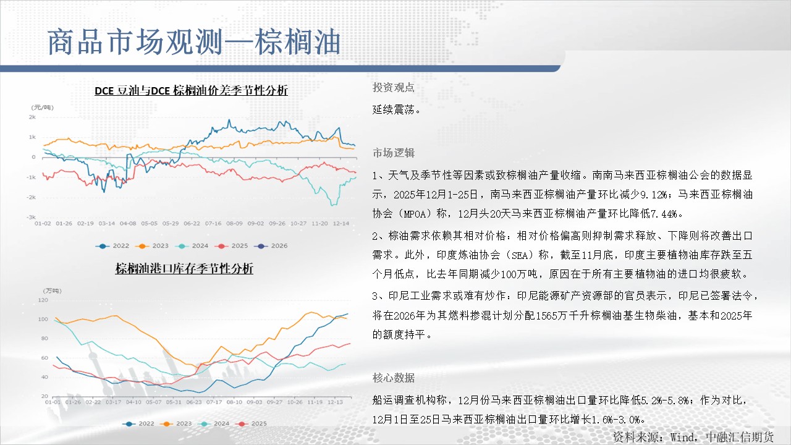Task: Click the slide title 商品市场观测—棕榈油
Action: coord(194,42)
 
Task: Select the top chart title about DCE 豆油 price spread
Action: coord(191,91)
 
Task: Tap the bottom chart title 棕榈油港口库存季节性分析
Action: coord(184,269)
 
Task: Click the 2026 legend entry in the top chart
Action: coord(271,246)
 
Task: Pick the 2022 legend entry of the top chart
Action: coord(112,246)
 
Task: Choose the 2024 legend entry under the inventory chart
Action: coord(214,423)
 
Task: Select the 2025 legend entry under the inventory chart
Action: coord(251,423)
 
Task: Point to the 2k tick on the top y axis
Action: coord(32,117)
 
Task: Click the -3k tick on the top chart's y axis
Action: coord(31,217)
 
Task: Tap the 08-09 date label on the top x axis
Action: coord(234,224)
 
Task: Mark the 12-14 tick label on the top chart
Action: coord(341,224)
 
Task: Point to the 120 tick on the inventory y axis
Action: coord(43,300)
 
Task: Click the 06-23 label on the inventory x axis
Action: coord(194,402)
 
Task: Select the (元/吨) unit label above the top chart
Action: coord(43,108)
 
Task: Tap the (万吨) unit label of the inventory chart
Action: coord(53,290)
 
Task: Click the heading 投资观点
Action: coord(394,87)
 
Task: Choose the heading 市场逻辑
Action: coord(394,153)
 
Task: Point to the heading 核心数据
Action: coord(394,378)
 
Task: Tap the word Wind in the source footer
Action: coord(682,437)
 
